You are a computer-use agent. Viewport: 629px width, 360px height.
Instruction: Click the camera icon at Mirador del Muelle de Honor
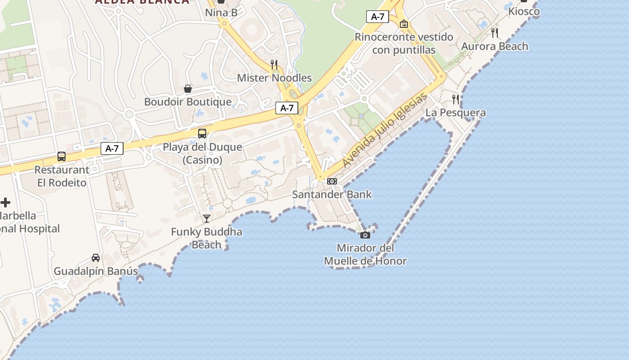click(365, 235)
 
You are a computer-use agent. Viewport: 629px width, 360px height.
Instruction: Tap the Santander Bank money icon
click(332, 181)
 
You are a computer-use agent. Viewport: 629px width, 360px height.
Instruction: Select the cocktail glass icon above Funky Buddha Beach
click(207, 219)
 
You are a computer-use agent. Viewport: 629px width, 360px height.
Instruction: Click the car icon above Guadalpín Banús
click(96, 258)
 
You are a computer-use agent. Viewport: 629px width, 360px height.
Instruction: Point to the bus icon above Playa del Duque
click(202, 133)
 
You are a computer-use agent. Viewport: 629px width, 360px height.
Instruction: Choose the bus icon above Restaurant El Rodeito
click(62, 157)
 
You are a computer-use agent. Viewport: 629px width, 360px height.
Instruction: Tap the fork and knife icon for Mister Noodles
click(274, 64)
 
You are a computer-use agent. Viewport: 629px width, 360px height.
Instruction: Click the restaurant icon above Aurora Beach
click(495, 32)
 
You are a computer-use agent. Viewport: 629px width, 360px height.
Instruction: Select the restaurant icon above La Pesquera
click(456, 99)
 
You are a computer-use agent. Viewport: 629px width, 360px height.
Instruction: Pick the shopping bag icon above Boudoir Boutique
click(188, 89)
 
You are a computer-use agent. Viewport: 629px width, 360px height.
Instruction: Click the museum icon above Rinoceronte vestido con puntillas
click(404, 24)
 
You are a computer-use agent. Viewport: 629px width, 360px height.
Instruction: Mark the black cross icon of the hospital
click(5, 202)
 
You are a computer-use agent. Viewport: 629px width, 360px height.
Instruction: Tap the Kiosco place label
click(524, 11)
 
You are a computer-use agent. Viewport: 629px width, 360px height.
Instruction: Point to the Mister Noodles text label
click(274, 78)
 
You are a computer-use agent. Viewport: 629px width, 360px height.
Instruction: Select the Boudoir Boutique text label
click(188, 102)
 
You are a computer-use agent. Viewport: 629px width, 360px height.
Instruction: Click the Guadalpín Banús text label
click(96, 271)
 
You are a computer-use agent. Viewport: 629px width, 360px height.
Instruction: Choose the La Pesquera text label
click(456, 112)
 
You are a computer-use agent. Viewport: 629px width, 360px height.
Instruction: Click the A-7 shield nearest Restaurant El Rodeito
click(112, 148)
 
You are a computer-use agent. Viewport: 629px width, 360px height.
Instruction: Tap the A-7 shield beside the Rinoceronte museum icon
click(377, 17)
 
